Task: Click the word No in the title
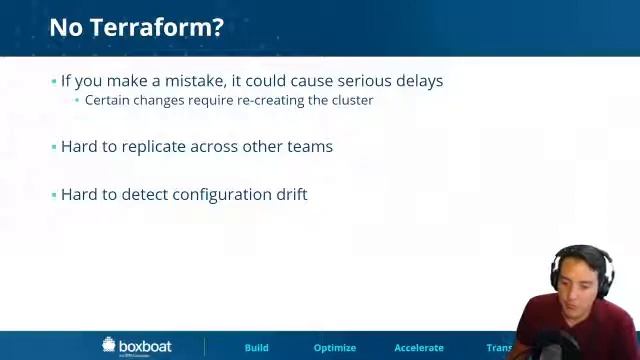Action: coord(67,27)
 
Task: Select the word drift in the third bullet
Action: coord(291,194)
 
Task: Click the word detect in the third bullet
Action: coord(145,194)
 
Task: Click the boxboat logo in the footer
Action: coord(137,346)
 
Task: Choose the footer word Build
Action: coord(257,348)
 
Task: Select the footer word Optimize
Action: coord(335,348)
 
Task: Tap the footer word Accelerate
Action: coord(419,348)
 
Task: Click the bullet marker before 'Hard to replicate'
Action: coord(54,147)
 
